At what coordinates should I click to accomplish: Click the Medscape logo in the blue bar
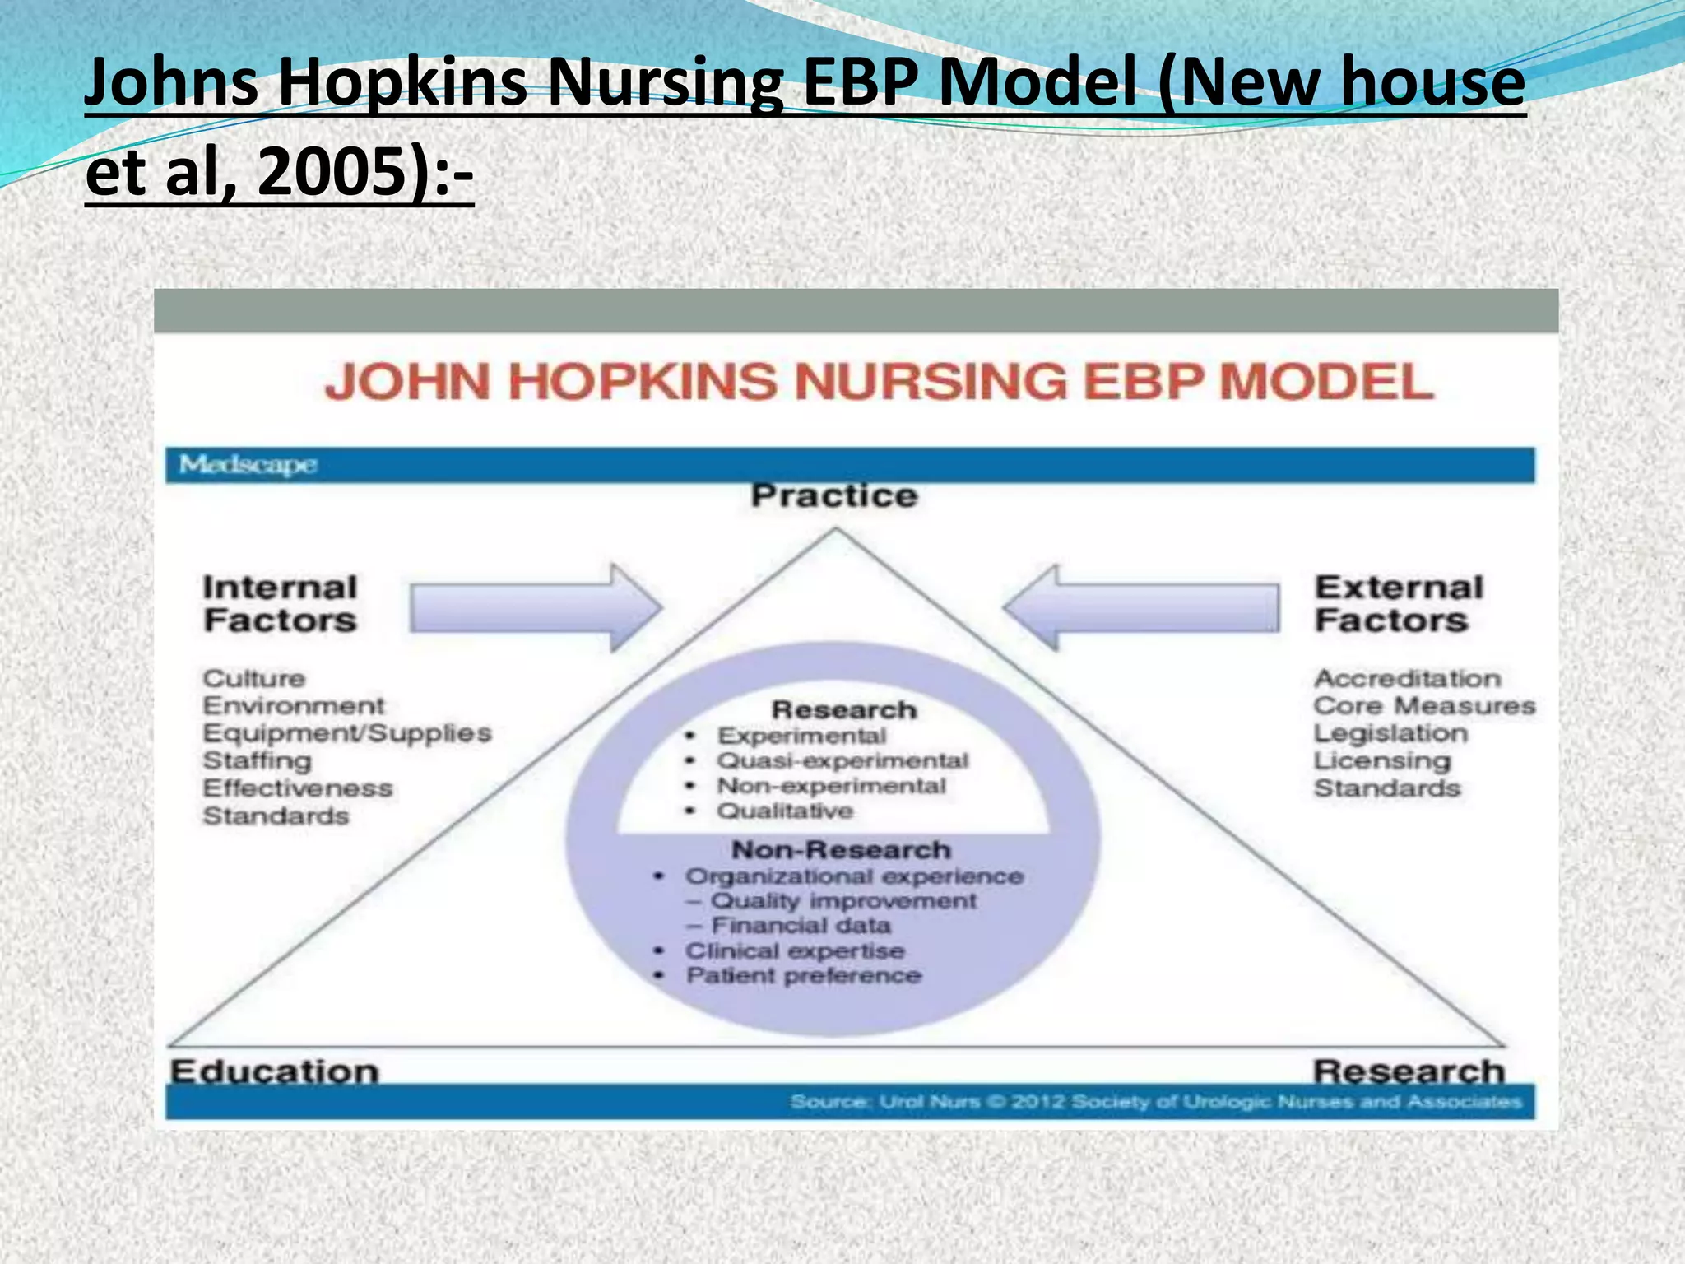(248, 465)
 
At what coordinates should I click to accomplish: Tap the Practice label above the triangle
(834, 496)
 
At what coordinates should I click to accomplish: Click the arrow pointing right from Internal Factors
(536, 608)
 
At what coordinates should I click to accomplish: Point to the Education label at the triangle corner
(274, 1071)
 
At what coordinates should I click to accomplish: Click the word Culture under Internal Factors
(254, 679)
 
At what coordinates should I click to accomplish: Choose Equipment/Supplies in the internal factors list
(346, 733)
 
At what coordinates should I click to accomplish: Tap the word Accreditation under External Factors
(1408, 679)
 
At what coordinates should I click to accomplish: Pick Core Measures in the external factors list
(1424, 706)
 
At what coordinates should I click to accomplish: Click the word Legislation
(1390, 733)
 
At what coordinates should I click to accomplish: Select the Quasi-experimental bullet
(842, 761)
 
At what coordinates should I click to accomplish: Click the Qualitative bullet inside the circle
(785, 811)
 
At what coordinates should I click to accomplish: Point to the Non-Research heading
(841, 849)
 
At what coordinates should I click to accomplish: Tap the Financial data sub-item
(801, 926)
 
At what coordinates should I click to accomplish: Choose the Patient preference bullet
(804, 976)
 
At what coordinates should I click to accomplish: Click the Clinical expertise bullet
(795, 951)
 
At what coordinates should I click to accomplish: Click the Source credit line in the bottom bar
(1156, 1102)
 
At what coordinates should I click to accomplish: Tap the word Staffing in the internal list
(258, 761)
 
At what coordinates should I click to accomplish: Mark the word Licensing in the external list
(1382, 761)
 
